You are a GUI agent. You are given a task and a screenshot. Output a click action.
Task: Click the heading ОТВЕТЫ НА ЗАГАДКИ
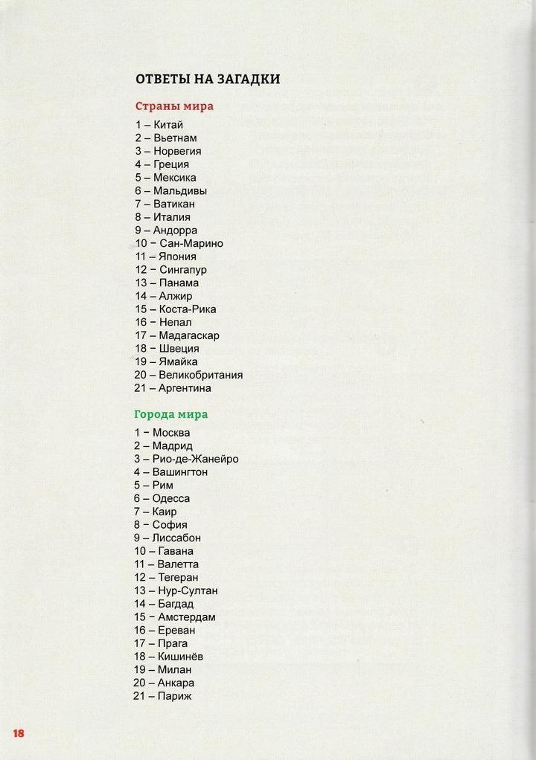click(x=208, y=79)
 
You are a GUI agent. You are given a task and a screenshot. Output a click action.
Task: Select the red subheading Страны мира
click(x=174, y=106)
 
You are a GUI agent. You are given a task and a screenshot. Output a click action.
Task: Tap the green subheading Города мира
click(x=171, y=414)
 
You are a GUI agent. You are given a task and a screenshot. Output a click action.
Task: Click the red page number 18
click(x=19, y=733)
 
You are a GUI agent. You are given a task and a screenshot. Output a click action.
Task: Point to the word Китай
click(x=168, y=125)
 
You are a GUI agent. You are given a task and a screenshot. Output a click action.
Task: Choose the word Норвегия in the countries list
click(x=177, y=151)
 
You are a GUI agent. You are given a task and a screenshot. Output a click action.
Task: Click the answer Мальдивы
click(x=180, y=190)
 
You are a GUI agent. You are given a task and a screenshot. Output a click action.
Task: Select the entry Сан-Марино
click(x=191, y=243)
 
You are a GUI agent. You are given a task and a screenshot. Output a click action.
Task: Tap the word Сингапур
click(x=183, y=269)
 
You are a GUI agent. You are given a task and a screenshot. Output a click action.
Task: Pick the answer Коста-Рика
click(x=188, y=309)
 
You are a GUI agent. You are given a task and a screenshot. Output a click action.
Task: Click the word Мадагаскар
click(x=189, y=335)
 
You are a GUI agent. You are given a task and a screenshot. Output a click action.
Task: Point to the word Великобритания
click(x=200, y=375)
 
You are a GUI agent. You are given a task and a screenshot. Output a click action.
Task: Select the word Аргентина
click(x=185, y=388)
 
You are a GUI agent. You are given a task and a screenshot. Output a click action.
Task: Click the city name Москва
click(x=171, y=433)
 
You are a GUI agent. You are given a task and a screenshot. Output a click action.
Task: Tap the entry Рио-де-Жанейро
click(x=196, y=459)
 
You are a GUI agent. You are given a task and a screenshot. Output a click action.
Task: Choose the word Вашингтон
click(x=180, y=472)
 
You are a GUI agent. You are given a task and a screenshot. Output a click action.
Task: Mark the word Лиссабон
click(x=176, y=538)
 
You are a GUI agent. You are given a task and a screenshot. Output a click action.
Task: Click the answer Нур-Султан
click(x=188, y=590)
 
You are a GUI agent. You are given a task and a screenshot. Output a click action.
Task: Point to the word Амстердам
click(x=187, y=617)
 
